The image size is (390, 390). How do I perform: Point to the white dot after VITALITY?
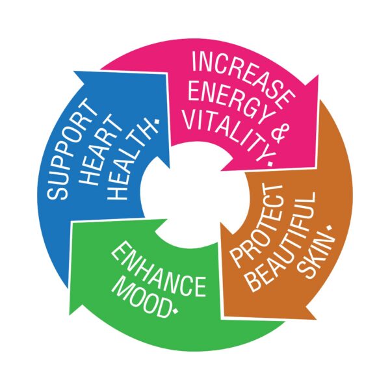(270, 163)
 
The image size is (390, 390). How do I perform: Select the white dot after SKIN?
(330, 227)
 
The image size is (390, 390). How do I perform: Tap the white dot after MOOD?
(176, 311)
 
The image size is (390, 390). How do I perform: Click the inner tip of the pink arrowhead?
(221, 170)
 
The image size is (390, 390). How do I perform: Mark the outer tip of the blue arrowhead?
(74, 71)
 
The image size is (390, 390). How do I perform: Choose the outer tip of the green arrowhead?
(70, 315)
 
